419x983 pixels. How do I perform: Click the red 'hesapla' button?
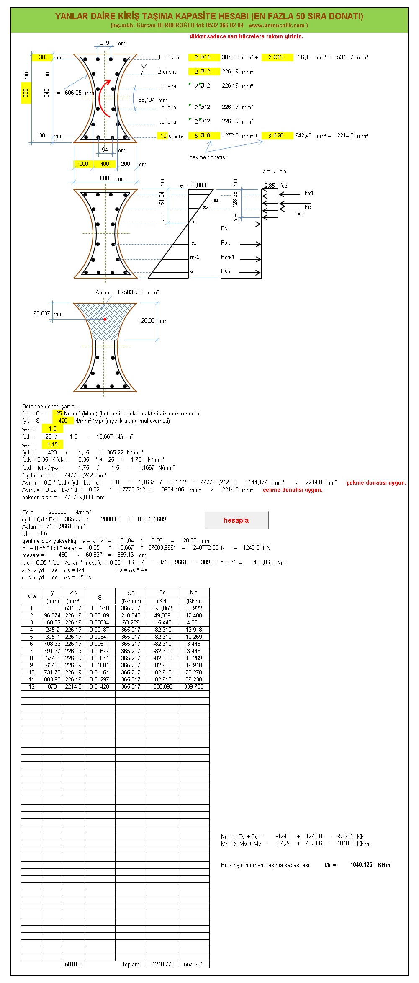[x=236, y=520]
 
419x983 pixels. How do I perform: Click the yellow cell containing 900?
[x=26, y=93]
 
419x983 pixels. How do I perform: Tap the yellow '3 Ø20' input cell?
[x=277, y=136]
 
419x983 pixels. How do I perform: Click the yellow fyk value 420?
[x=63, y=421]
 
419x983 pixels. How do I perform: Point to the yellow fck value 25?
[x=58, y=413]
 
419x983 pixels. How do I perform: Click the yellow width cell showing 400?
[x=105, y=164]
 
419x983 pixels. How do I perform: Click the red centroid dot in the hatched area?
[x=105, y=320]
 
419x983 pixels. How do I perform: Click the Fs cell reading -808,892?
[x=162, y=686]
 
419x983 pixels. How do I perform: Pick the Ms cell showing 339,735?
[x=193, y=686]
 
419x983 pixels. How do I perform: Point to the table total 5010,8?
[x=73, y=964]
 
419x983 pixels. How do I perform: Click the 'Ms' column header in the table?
[x=193, y=592]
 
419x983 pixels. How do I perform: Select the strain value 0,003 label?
[x=199, y=185]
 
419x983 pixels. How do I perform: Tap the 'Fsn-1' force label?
[x=228, y=257]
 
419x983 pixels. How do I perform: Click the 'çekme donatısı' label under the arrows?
[x=208, y=157]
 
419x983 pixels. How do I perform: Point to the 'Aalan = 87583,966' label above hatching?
[x=127, y=292]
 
